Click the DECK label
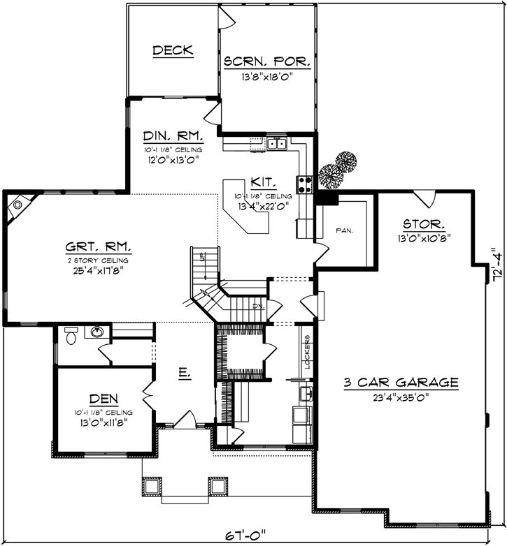point(173,50)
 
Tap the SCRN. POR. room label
point(266,61)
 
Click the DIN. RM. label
point(173,135)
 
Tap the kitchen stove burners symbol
point(306,184)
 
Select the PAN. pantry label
point(343,230)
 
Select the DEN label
point(103,399)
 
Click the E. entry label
point(184,375)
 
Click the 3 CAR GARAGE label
point(401,383)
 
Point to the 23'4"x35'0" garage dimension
point(401,398)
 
